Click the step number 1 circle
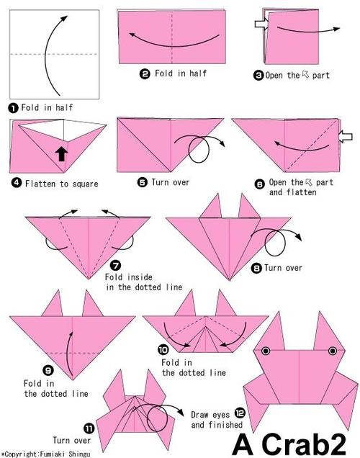(x=13, y=108)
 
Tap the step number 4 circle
(x=17, y=183)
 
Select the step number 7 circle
(x=116, y=266)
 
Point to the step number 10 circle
(x=163, y=349)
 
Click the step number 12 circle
(x=240, y=413)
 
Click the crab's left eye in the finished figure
(x=266, y=351)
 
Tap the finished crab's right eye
(x=332, y=351)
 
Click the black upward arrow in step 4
(x=61, y=153)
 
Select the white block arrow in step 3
(x=261, y=24)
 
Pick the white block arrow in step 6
(x=346, y=137)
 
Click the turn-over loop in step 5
(x=199, y=150)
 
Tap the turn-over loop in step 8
(x=275, y=243)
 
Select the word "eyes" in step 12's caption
(x=221, y=415)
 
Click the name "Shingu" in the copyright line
(x=79, y=454)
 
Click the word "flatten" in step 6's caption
(x=301, y=192)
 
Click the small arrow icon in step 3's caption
(x=306, y=74)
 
